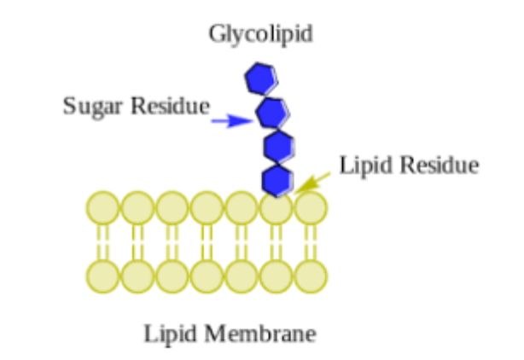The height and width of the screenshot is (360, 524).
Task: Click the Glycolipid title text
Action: (x=260, y=34)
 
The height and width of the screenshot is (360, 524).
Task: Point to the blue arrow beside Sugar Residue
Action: (x=230, y=122)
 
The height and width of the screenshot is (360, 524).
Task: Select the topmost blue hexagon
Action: (x=260, y=78)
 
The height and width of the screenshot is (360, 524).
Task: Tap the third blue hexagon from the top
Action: (x=278, y=147)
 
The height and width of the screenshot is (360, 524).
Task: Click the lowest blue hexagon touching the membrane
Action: (x=277, y=180)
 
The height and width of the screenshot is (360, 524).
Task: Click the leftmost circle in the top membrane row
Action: (x=103, y=207)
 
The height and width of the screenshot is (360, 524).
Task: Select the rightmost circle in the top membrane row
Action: (x=311, y=207)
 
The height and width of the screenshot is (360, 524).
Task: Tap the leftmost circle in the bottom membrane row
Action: (x=103, y=275)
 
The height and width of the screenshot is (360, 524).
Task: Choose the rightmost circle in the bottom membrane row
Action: (x=311, y=275)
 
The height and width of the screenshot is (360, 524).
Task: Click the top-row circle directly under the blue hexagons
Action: (x=277, y=207)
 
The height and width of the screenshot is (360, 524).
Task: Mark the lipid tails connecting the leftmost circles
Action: (x=103, y=241)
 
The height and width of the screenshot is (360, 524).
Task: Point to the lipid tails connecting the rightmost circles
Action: (x=311, y=241)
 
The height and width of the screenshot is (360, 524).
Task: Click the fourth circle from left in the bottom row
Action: (x=207, y=275)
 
